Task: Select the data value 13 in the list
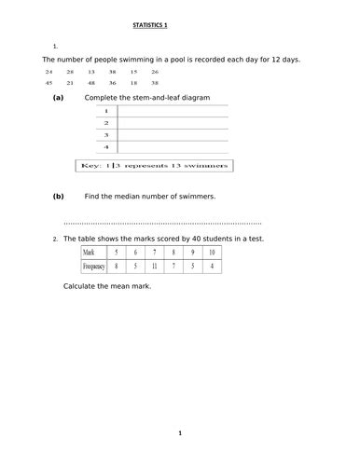pyautogui.click(x=90, y=71)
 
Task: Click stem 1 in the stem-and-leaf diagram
pyautogui.click(x=106, y=110)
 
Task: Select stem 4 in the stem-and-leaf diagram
pyautogui.click(x=106, y=147)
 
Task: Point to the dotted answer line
pyautogui.click(x=162, y=224)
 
